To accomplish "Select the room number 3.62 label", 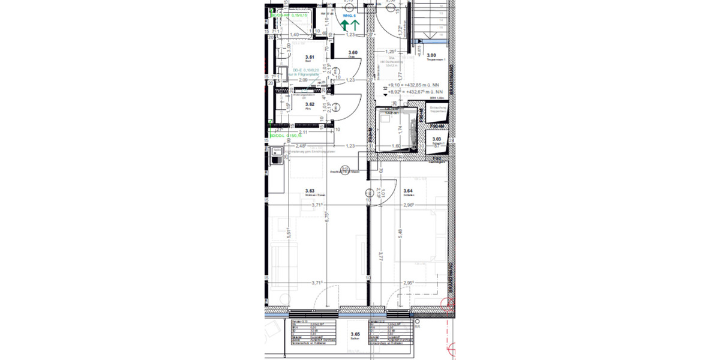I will [x=310, y=104].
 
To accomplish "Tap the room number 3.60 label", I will [x=353, y=53].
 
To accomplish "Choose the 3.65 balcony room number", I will [x=355, y=334].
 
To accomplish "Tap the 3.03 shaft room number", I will [x=437, y=139].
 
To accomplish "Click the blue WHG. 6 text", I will [x=350, y=15].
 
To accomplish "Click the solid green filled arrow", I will [x=346, y=25].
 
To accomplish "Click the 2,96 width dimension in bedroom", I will [x=410, y=205].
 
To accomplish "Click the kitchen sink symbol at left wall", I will [x=277, y=158].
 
